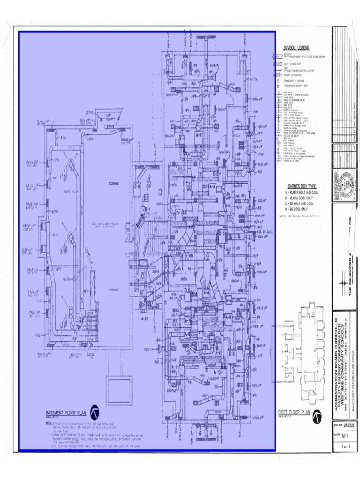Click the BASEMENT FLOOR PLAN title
[65, 413]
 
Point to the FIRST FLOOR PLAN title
[294, 412]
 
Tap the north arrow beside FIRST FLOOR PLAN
[317, 415]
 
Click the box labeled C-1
[205, 96]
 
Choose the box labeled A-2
[198, 135]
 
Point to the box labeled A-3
[212, 187]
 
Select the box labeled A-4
[206, 292]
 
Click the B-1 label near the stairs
[146, 209]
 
